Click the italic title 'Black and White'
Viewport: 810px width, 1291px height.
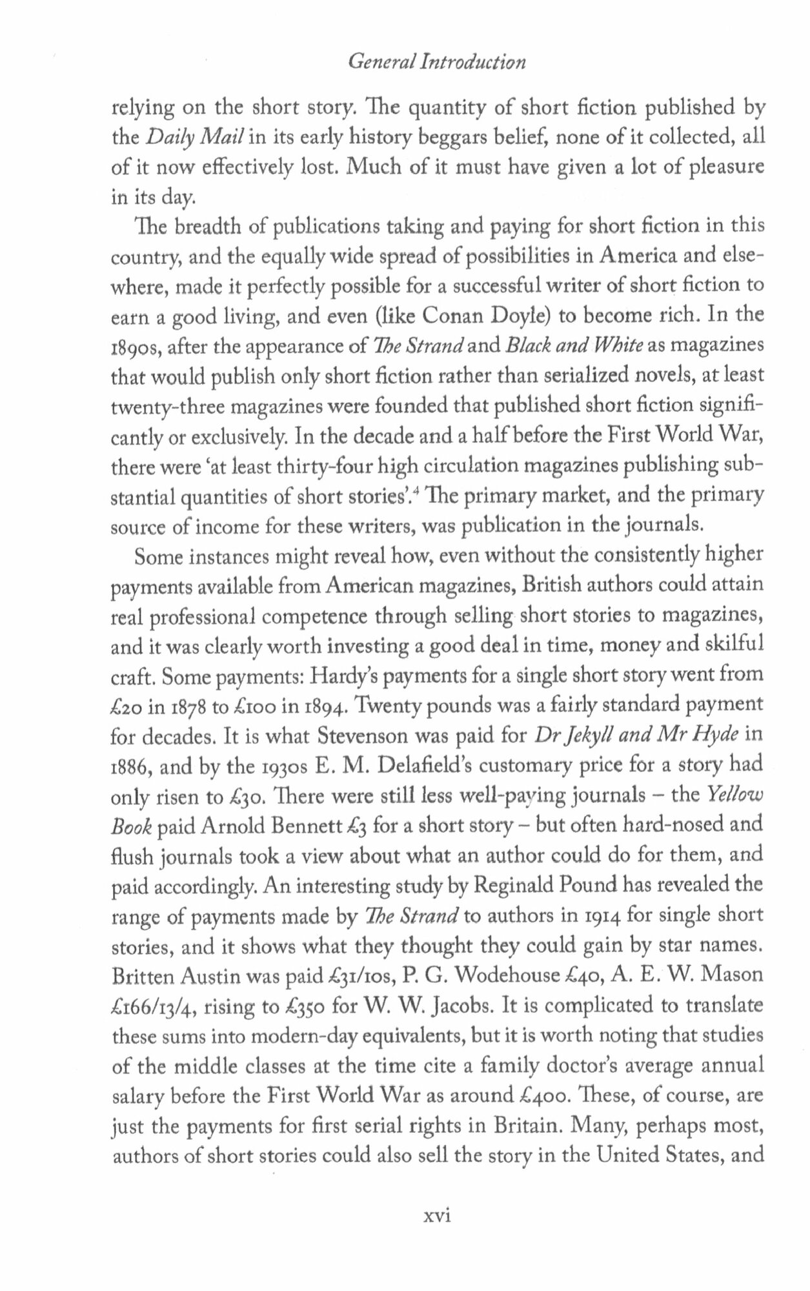573,345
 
